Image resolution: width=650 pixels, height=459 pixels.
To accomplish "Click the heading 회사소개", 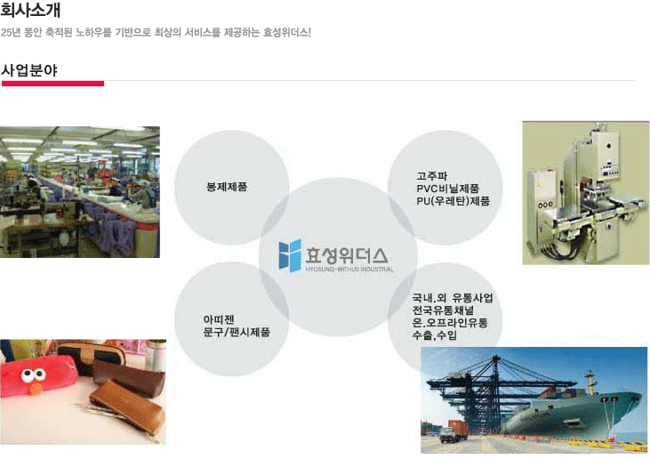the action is (x=30, y=10).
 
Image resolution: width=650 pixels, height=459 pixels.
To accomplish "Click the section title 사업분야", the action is (x=29, y=70).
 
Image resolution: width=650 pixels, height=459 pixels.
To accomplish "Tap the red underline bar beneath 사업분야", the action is (x=52, y=84).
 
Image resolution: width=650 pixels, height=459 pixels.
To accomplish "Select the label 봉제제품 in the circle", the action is (x=227, y=187).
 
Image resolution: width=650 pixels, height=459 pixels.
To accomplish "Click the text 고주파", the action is (x=431, y=176).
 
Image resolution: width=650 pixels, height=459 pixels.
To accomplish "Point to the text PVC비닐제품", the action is (x=447, y=189).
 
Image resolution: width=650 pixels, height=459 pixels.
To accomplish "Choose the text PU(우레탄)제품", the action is (x=453, y=201).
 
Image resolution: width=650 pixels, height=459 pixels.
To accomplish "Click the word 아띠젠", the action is (x=219, y=319).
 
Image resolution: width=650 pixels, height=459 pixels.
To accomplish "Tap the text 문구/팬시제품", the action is (x=237, y=332).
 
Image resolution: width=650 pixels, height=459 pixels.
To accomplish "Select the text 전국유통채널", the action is (x=443, y=310).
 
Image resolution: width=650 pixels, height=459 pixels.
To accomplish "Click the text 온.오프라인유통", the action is (x=450, y=323).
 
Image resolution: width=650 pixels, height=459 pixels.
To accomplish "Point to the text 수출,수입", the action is (x=434, y=335).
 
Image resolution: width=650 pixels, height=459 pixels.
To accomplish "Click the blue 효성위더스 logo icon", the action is (x=290, y=255).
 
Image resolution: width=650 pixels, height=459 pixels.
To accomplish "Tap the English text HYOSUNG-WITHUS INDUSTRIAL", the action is (x=349, y=270).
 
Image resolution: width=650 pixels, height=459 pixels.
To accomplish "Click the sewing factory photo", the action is (x=80, y=192).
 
